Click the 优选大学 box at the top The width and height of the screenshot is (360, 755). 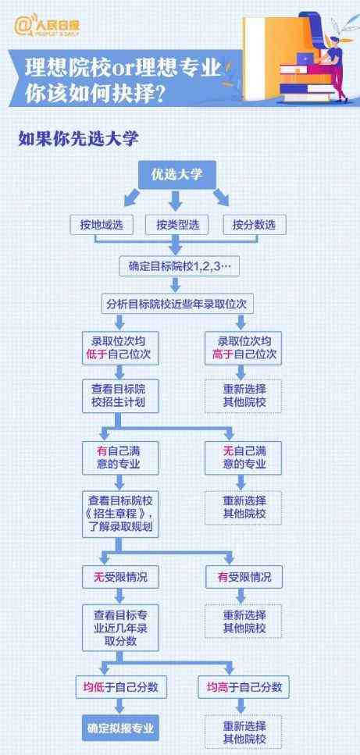click(177, 174)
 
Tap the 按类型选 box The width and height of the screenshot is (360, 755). click(177, 224)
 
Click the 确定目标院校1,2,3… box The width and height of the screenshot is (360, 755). click(180, 265)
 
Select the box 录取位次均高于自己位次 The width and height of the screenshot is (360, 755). click(244, 348)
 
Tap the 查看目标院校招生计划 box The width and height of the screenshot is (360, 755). click(120, 396)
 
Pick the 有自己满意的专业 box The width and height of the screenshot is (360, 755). click(120, 458)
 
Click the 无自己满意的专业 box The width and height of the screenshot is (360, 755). click(244, 458)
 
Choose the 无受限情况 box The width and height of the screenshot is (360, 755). click(120, 577)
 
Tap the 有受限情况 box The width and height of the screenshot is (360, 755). click(244, 577)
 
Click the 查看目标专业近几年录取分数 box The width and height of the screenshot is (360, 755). click(120, 628)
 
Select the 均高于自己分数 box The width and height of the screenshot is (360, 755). click(244, 687)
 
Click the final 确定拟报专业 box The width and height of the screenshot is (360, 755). click(120, 727)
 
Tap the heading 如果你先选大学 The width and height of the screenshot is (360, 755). click(78, 138)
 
